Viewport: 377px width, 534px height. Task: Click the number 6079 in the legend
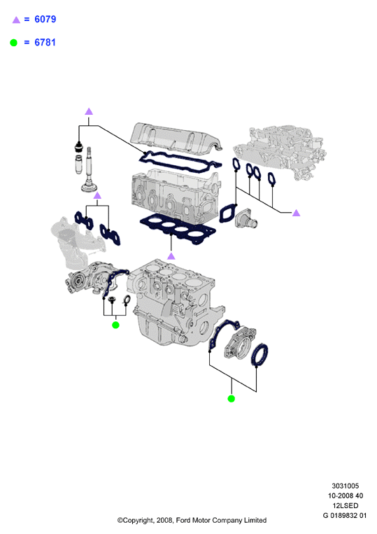(x=45, y=20)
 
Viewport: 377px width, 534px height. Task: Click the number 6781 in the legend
(x=45, y=43)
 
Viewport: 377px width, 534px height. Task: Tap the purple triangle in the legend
(x=16, y=20)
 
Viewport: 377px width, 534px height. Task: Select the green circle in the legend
(x=13, y=43)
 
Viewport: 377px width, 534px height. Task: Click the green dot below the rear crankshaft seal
(x=232, y=398)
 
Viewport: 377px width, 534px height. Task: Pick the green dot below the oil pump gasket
(x=115, y=325)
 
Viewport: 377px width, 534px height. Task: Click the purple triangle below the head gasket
(x=171, y=256)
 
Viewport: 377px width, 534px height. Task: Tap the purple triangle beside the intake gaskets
(x=297, y=213)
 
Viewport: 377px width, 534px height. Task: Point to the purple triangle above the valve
(x=89, y=111)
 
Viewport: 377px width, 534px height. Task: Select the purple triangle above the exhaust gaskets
(x=97, y=195)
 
